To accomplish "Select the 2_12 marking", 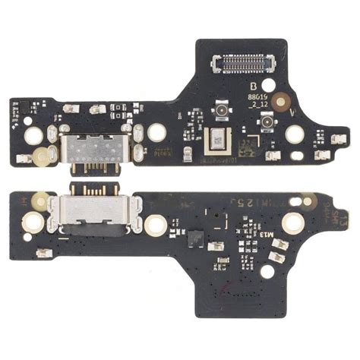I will click(259, 107).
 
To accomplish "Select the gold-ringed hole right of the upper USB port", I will click(157, 132).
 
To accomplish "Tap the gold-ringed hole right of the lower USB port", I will click(156, 224).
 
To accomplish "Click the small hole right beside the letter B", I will click(266, 87).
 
